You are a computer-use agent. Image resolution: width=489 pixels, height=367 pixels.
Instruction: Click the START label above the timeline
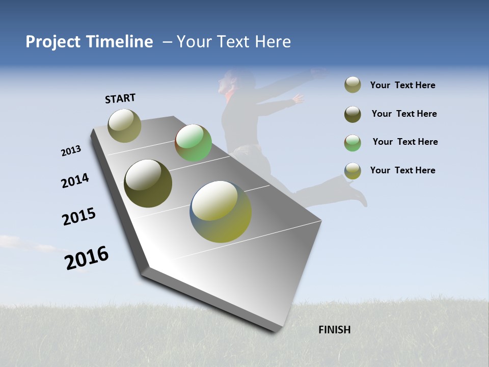pos(120,98)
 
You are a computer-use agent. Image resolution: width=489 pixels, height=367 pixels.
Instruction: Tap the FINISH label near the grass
pos(334,330)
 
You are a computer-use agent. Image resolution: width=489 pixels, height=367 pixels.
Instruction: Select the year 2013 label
pos(71,151)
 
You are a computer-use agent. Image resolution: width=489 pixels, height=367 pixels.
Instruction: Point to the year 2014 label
pos(75,181)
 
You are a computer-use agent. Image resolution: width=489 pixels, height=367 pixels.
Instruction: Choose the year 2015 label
pos(79,216)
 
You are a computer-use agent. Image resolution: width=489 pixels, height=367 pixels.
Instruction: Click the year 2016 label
pos(87,258)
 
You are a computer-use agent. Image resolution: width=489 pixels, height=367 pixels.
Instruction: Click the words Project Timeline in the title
pos(89,42)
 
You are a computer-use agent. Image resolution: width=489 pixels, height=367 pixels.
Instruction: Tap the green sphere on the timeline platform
pos(193,143)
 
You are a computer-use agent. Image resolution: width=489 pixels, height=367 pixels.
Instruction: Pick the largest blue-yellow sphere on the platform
pos(221,212)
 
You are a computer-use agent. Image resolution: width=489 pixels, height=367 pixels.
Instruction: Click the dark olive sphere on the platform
pos(148,183)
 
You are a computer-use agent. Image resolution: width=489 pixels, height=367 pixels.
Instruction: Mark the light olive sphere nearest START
pos(124,125)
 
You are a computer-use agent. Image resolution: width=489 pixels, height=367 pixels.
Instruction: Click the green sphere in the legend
pos(352,143)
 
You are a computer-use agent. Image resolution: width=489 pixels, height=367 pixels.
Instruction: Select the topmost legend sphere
pos(352,85)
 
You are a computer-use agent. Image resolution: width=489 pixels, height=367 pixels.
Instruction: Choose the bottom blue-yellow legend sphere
pos(352,171)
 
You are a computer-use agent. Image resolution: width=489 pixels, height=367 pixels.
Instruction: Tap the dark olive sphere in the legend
pos(352,114)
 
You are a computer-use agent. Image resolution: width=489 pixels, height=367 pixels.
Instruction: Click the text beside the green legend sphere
pos(405,142)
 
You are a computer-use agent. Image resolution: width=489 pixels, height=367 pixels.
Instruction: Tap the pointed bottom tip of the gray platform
pos(275,330)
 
